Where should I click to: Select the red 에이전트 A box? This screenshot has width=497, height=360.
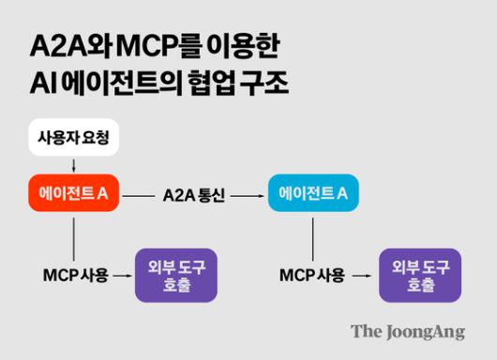(x=74, y=194)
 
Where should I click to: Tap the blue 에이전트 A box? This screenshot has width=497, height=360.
(x=313, y=194)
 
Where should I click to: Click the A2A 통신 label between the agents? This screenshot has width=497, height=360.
(x=194, y=195)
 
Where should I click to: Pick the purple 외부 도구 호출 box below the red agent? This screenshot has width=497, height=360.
(x=176, y=275)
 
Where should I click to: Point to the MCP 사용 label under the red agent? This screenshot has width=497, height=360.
(x=76, y=276)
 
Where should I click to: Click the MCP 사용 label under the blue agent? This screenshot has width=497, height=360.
(x=312, y=276)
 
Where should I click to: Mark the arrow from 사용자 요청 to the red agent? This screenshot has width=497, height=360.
(x=74, y=165)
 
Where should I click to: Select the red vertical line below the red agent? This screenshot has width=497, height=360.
(x=74, y=236)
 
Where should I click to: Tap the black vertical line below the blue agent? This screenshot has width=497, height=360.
(x=313, y=236)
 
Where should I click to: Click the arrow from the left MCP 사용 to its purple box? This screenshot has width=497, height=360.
(x=124, y=276)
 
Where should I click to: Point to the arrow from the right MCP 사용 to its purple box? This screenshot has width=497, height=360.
(x=361, y=276)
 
